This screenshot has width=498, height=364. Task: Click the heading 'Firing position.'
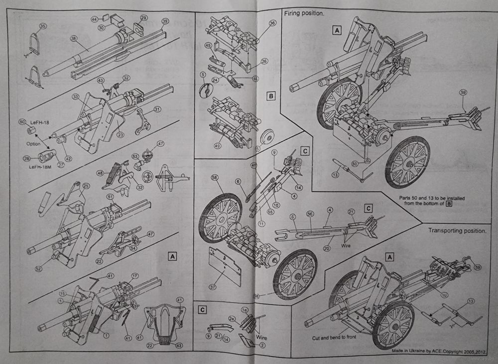[x=304, y=14]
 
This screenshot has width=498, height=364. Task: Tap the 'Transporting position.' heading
[x=457, y=231]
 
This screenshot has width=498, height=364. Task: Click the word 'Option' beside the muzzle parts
[x=33, y=144]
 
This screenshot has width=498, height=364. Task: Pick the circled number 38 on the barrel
[x=74, y=38]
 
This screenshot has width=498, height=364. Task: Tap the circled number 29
[x=144, y=17]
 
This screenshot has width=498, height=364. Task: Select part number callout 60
[x=22, y=122]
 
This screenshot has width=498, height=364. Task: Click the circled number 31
[x=157, y=109]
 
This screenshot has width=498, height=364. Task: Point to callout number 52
[x=39, y=269]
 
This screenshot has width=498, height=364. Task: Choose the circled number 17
[x=135, y=276]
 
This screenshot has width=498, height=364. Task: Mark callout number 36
[x=272, y=23]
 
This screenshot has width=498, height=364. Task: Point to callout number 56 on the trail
[x=310, y=213]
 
